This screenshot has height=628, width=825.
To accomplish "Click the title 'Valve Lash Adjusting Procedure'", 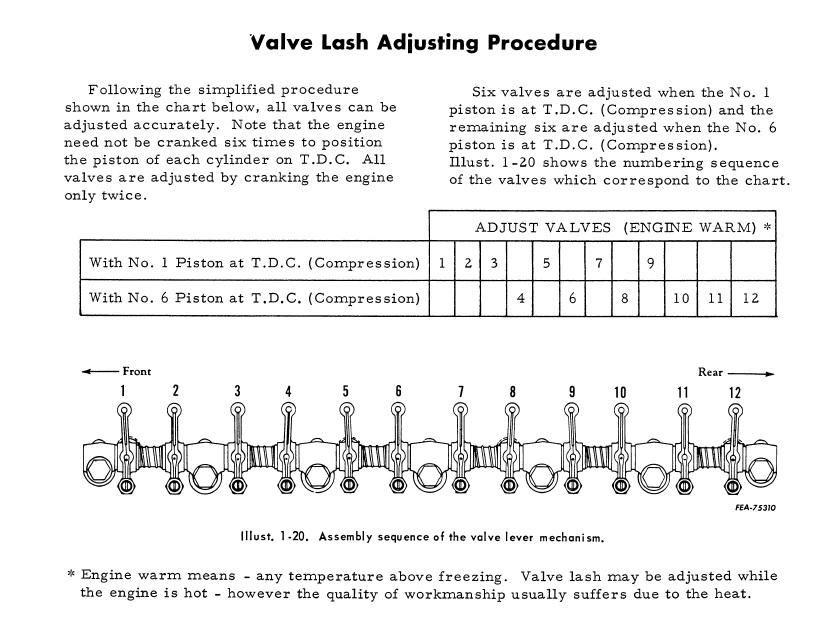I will (x=423, y=43).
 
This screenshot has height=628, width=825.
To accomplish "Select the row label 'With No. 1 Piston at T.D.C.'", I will (x=254, y=264).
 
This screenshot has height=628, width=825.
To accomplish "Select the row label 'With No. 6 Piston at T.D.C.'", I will (x=254, y=298).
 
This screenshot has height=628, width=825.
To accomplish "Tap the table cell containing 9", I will (x=650, y=264).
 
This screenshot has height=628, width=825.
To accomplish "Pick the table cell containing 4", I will (x=520, y=298).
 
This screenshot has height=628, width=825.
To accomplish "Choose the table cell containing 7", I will (x=598, y=264).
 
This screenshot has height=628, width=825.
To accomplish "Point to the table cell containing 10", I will (x=681, y=298).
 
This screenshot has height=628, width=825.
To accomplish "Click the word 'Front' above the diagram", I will (x=137, y=371).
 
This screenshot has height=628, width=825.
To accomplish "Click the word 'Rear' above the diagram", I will (x=710, y=371).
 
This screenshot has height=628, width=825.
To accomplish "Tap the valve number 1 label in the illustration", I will (x=123, y=391).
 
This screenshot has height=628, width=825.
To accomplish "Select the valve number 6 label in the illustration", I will (x=398, y=391).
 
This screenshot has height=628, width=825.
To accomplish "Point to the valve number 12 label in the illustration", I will (x=735, y=391).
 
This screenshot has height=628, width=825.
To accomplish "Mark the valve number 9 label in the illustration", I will (x=573, y=391).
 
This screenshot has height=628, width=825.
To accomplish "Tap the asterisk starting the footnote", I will (x=70, y=576).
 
